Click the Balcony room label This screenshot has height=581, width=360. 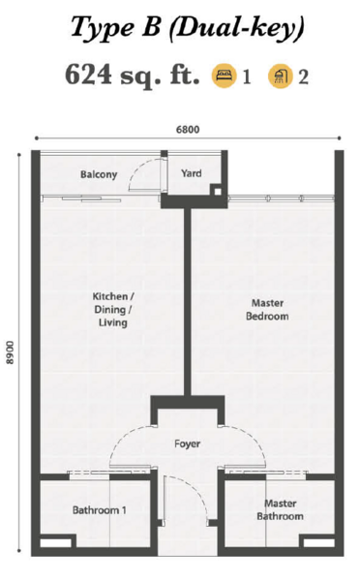99,174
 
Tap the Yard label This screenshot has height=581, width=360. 192,173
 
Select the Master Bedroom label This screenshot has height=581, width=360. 267,310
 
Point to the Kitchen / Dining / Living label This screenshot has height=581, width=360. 113,310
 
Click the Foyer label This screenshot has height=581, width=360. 188,443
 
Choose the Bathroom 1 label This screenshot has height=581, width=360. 100,510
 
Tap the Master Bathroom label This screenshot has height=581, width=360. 280,510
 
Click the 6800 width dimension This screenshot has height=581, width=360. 188,130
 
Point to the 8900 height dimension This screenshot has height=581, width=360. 10,352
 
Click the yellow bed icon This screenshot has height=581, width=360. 224,76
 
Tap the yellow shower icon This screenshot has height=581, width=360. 281,76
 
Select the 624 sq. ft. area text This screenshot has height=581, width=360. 133,76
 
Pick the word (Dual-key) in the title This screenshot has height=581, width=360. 237,27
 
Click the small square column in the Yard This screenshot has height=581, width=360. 218,192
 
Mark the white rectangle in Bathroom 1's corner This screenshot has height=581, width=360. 55,543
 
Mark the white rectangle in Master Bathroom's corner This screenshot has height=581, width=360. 319,543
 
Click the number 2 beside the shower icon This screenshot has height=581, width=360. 303,77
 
